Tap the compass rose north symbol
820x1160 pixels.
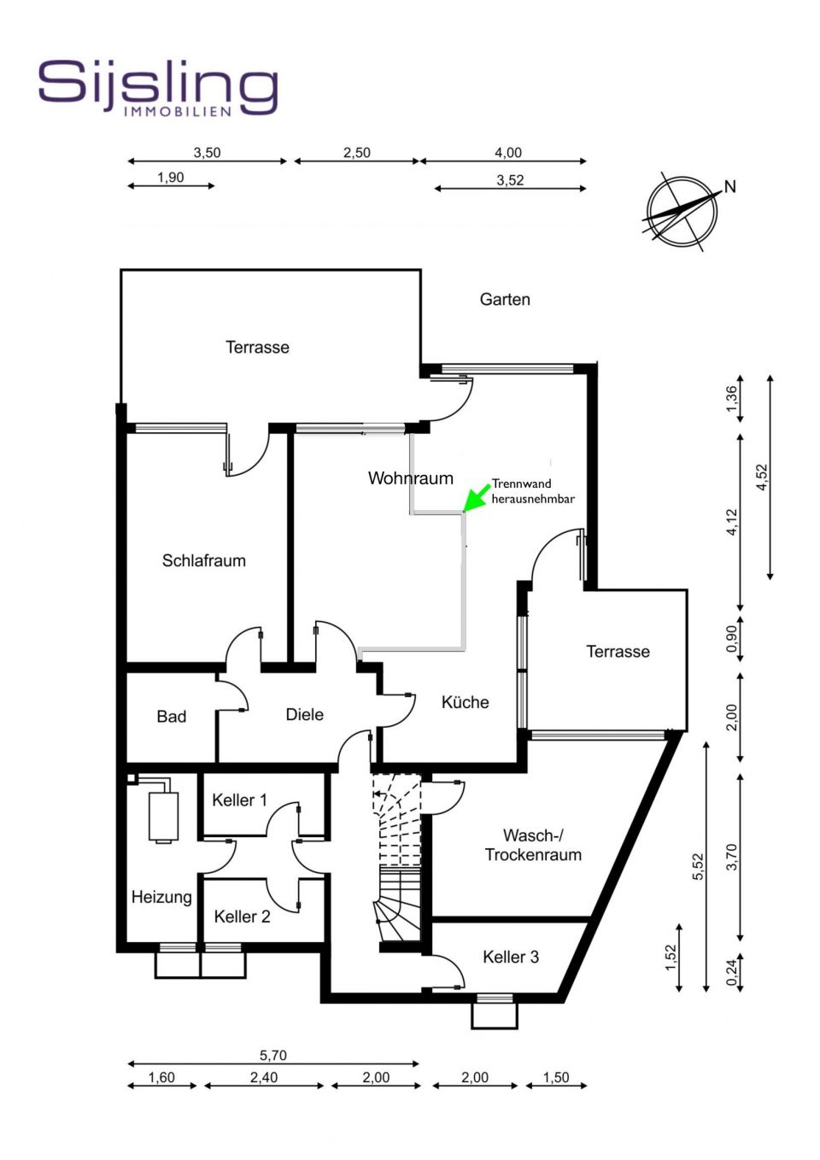682,211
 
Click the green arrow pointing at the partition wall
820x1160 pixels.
476,498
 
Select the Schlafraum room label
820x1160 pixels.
204,560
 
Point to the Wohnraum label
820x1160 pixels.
410,478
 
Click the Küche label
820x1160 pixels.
465,702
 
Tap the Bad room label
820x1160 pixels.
171,717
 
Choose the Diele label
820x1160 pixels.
304,714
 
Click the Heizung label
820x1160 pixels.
161,897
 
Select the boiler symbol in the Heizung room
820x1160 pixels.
163,817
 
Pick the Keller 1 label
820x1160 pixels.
239,800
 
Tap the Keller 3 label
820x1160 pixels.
511,957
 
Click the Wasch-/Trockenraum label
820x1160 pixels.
533,845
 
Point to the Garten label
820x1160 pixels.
505,299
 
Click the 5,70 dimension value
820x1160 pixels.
273,1055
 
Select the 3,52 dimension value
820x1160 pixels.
510,180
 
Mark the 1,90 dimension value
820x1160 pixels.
171,178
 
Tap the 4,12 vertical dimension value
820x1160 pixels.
731,522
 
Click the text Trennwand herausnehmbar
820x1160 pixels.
532,491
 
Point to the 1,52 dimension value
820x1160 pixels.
671,957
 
